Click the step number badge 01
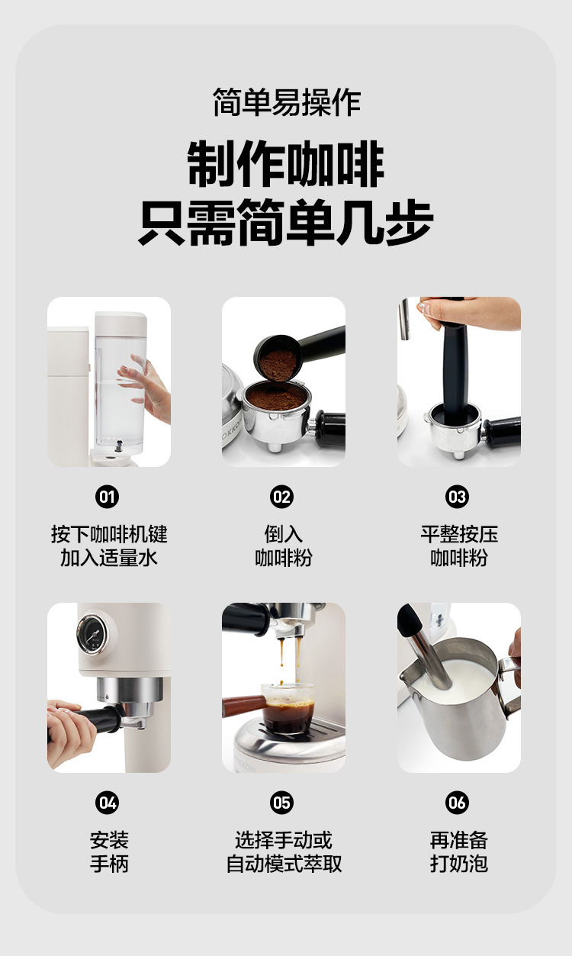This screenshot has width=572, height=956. pos(107,497)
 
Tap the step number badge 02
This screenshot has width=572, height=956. pos(282,497)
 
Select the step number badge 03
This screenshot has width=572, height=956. pos(458,497)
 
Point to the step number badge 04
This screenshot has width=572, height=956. pos(107,803)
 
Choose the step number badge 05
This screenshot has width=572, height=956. pos(282,803)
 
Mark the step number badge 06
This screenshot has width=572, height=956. pos(458,803)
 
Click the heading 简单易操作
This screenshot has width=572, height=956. pos(287,102)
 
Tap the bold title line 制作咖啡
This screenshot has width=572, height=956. pos(286,164)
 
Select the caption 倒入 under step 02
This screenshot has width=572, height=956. pos(283,534)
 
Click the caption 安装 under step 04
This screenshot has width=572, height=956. pos(109,840)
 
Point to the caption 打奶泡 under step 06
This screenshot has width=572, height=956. pos(459,864)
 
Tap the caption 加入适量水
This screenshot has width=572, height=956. pos(109,558)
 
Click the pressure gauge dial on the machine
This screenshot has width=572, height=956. pos(92,634)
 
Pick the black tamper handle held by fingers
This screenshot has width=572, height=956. pos(455,362)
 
